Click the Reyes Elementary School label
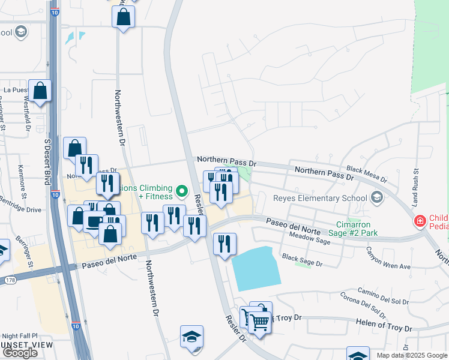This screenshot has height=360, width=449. coord(319,198)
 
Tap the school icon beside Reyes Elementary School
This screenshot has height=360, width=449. coord(376,197)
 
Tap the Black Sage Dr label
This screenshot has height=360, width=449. coord(303,262)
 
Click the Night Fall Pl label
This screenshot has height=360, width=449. coord(19,336)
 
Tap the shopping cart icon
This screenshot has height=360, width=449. coord(259,322)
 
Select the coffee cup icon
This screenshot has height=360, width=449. coord(94,221)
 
